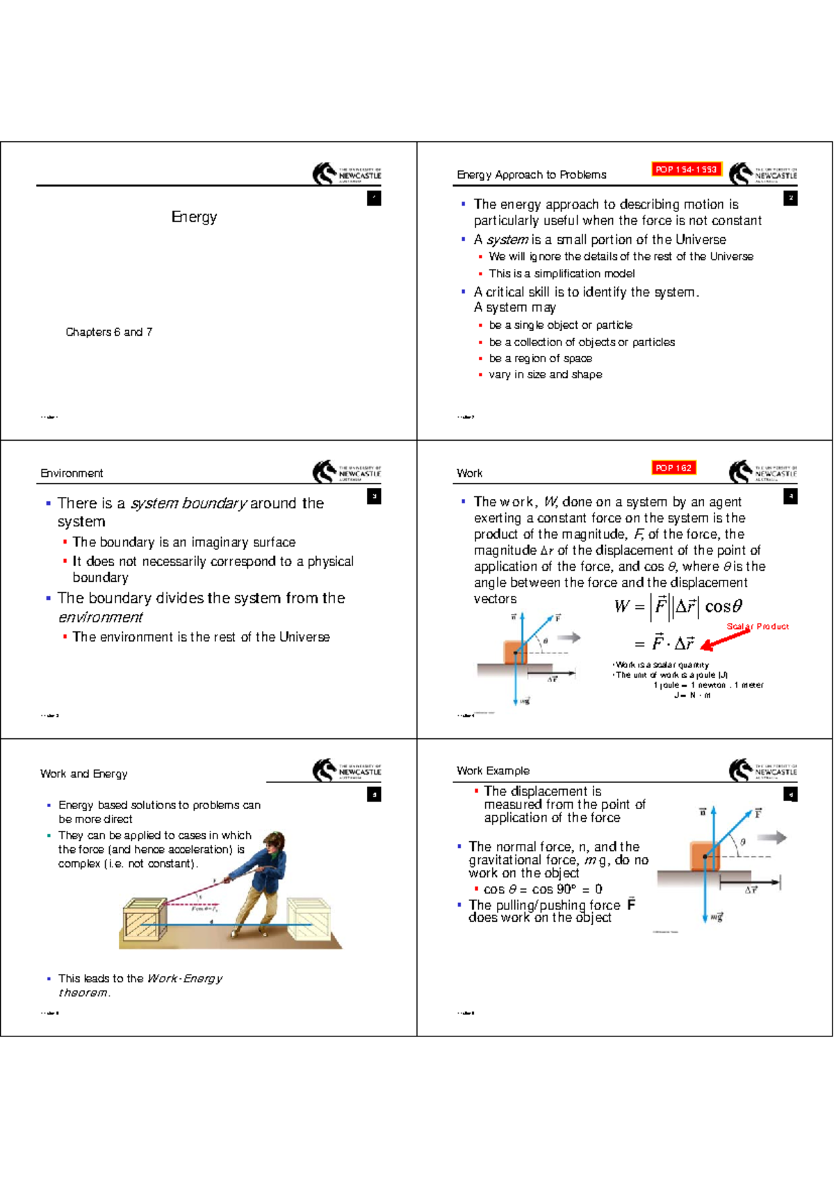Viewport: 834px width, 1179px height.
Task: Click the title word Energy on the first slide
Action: coord(194,217)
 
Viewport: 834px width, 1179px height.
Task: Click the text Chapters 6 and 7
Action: coord(108,332)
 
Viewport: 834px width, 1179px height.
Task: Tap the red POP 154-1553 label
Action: coord(685,170)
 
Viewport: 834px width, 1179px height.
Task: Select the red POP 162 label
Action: coord(673,468)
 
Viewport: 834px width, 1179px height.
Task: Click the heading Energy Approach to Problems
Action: coord(531,175)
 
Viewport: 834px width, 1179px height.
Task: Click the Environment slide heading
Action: coord(72,473)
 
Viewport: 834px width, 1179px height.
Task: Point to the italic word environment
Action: coord(100,617)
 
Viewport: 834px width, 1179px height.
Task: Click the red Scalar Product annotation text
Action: coord(758,626)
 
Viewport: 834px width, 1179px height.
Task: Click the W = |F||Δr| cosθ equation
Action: coord(678,606)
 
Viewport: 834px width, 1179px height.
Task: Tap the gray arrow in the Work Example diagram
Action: coord(771,838)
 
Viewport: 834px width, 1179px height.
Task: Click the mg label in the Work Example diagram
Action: coord(717,918)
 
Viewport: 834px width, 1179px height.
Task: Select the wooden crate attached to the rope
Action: coord(145,920)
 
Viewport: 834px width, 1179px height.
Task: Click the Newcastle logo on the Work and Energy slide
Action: coord(346,770)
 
